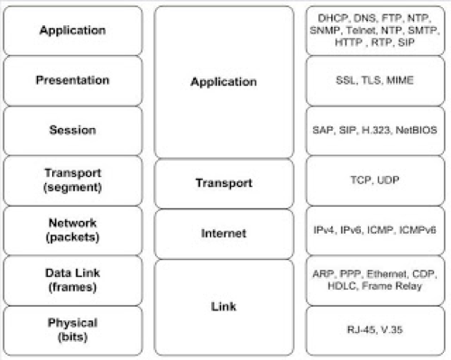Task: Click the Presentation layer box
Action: pos(73,80)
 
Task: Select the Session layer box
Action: pos(73,131)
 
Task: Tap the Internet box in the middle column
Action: pos(224,234)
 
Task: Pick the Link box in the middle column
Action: pos(224,308)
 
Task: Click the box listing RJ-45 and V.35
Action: pos(374,331)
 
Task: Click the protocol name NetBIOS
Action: pos(414,131)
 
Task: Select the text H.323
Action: pos(376,131)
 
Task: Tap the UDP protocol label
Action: pos(386,180)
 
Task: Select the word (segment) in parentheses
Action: pos(73,188)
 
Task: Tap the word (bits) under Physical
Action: pos(73,337)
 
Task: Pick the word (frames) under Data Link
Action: pos(73,287)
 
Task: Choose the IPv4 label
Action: pos(329,232)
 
